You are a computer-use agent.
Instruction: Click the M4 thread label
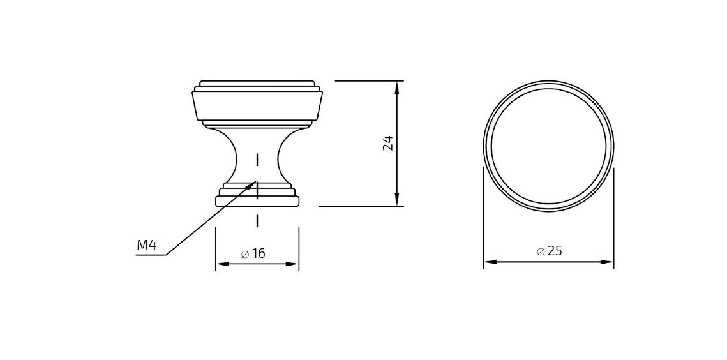[147, 245]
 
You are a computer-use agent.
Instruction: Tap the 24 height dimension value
[387, 143]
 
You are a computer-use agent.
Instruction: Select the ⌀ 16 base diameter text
[253, 253]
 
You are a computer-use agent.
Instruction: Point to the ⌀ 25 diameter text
[550, 251]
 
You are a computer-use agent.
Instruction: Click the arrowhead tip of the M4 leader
[257, 180]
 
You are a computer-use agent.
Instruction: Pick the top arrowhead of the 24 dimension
[397, 82]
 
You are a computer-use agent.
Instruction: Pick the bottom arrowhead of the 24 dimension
[397, 206]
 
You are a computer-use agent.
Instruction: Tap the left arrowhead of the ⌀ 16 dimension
[216, 264]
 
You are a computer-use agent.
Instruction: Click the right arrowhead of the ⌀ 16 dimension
[299, 264]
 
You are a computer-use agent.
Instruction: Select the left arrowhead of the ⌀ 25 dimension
[484, 262]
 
